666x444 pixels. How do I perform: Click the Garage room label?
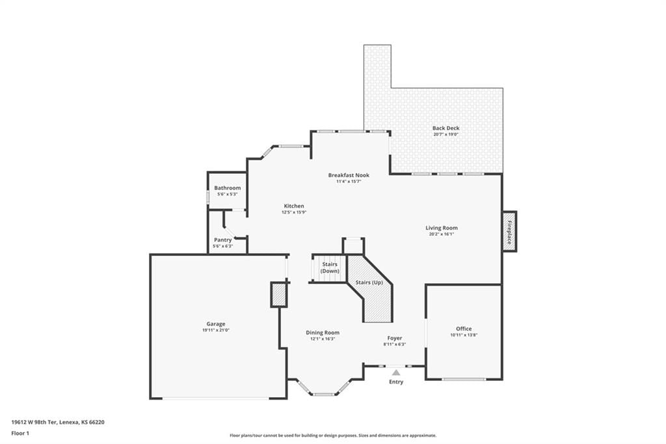pos(216,324)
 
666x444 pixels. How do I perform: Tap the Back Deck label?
pos(446,128)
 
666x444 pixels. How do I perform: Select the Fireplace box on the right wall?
pos(509,231)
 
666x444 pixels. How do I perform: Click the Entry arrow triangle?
pos(396,372)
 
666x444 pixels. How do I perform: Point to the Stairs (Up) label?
pos(369,283)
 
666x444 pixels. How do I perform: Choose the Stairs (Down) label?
pos(330,268)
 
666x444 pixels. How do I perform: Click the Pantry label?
pos(223,240)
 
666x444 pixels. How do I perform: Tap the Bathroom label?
pos(227,188)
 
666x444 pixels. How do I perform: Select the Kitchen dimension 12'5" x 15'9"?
pos(294,212)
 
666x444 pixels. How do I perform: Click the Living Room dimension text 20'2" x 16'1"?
pos(442,234)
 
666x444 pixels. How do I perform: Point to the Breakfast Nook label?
pos(349,175)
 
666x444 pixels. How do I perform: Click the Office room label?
pos(464,329)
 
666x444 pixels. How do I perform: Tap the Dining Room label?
pos(323,333)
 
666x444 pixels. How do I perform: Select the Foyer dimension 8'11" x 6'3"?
pos(395,344)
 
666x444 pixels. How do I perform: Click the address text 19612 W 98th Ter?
pos(34,423)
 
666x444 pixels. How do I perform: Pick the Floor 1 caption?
pos(20,434)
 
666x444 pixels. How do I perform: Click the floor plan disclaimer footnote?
pos(333,436)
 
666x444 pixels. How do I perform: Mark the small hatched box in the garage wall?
pos(279,295)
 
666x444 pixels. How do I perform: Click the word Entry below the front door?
pos(396,382)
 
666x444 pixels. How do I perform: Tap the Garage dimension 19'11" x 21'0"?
pos(216,330)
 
